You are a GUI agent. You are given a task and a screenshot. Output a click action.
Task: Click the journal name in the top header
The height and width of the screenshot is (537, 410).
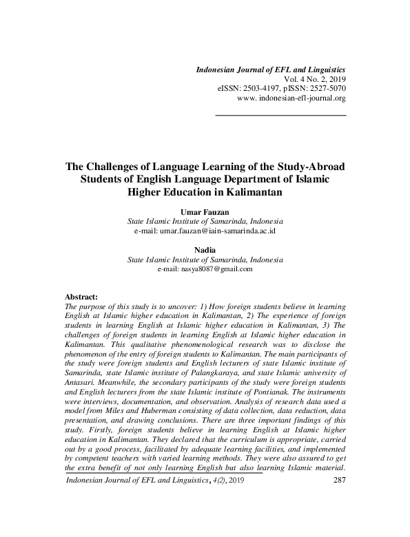tap(271, 70)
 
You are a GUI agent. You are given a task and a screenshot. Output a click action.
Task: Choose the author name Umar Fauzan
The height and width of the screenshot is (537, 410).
tap(205, 213)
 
